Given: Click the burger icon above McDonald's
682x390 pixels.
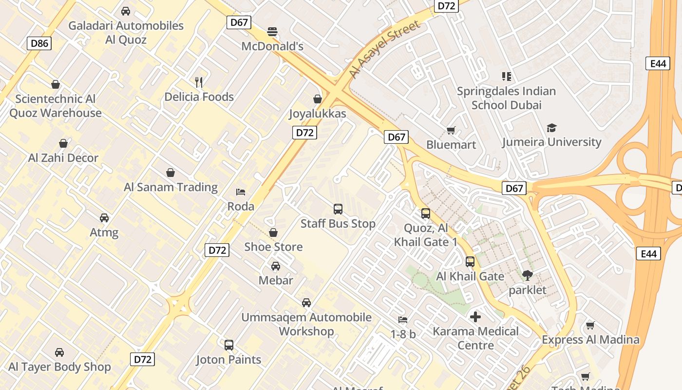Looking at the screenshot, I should pyautogui.click(x=272, y=32).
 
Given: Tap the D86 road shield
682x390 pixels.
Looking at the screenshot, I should pyautogui.click(x=39, y=43).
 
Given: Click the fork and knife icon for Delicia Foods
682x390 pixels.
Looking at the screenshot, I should pyautogui.click(x=198, y=82).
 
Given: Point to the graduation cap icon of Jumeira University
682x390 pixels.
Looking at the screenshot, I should pyautogui.click(x=551, y=128).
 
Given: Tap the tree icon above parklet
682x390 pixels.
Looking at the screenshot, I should pyautogui.click(x=527, y=275).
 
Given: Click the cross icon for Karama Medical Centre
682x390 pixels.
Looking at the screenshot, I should pyautogui.click(x=475, y=317).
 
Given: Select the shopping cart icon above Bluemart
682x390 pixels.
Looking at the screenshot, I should pyautogui.click(x=451, y=130).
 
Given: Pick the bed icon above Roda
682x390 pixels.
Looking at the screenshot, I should pyautogui.click(x=241, y=192).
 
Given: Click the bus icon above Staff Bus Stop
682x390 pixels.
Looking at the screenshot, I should pyautogui.click(x=338, y=209).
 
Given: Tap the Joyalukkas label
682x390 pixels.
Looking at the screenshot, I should pyautogui.click(x=318, y=114).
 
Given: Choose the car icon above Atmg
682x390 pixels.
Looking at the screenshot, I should pyautogui.click(x=104, y=218).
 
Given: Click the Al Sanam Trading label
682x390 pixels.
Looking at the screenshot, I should pyautogui.click(x=170, y=187).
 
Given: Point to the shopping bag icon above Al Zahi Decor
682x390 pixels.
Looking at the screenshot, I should pyautogui.click(x=63, y=143).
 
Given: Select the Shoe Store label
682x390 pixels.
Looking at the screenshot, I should pyautogui.click(x=273, y=247).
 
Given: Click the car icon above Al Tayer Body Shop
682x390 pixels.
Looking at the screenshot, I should pyautogui.click(x=59, y=352).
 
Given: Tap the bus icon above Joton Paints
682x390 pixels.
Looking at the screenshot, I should pyautogui.click(x=229, y=345).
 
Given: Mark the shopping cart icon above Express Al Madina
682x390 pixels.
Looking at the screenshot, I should pyautogui.click(x=590, y=325).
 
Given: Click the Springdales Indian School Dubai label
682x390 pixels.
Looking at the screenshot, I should pyautogui.click(x=506, y=98).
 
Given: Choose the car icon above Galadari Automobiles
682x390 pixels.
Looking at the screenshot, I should pyautogui.click(x=126, y=11).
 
